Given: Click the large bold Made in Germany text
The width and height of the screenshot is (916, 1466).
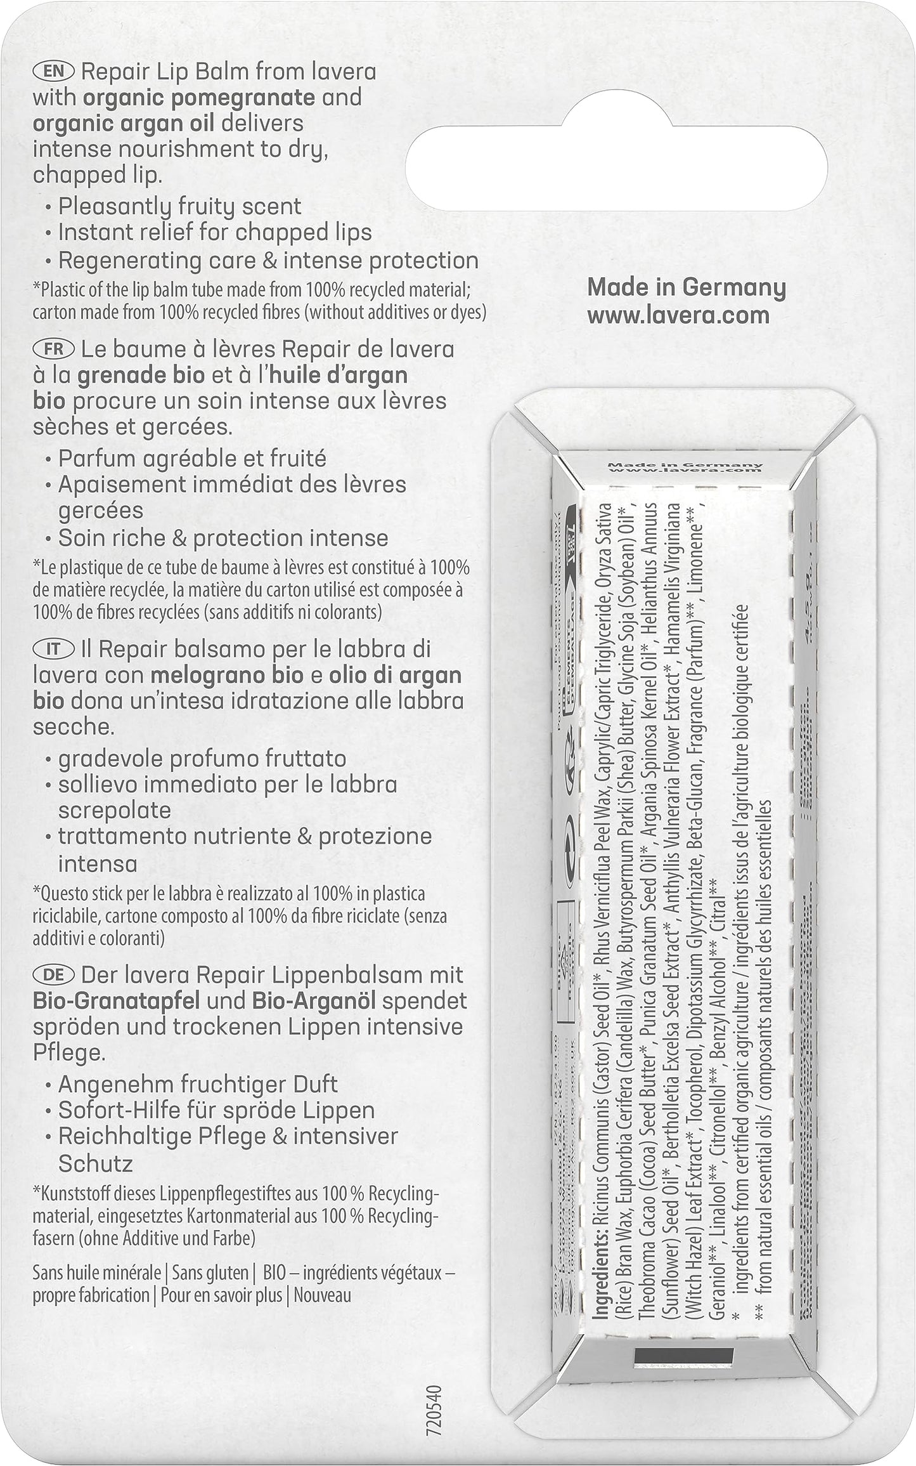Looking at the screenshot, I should pos(687,287).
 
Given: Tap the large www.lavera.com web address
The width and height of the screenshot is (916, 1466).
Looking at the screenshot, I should pos(678,315).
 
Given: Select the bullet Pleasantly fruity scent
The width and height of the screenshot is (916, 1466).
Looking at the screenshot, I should pos(179,206).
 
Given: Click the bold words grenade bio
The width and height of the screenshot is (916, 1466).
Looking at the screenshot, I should pos(140,375).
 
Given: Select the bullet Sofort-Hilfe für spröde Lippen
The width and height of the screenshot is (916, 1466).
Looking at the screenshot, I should pos(216,1110).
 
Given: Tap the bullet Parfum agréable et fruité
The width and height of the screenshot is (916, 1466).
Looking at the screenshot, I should pos(192,458).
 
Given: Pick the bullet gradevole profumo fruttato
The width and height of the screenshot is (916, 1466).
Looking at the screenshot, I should pos(202,759).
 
